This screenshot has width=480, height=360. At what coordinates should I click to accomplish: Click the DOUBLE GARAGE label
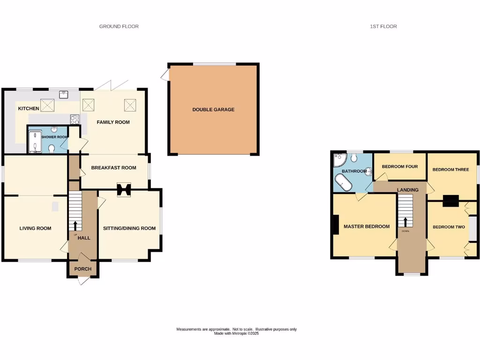coord(213,110)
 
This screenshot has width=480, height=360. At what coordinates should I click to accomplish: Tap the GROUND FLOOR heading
coord(119,27)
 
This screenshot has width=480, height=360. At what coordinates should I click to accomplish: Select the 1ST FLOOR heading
coord(383,27)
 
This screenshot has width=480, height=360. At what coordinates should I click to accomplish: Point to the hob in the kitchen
coord(75,119)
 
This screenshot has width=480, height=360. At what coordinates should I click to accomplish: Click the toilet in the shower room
coord(52,149)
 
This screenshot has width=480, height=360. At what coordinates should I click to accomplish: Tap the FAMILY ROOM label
coord(113,122)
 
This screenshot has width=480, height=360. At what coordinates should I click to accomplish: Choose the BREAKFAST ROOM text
coord(113,168)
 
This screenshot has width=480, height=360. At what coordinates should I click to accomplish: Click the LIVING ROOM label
coord(35,229)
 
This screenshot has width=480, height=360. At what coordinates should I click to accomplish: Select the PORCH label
coord(82,269)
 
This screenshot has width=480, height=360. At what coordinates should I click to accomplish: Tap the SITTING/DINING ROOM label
coord(129,229)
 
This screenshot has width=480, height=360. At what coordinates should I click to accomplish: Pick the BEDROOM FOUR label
coord(400,167)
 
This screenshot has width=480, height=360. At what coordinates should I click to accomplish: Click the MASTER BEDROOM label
coord(367,227)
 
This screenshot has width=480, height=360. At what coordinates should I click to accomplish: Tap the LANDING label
coord(408,190)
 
